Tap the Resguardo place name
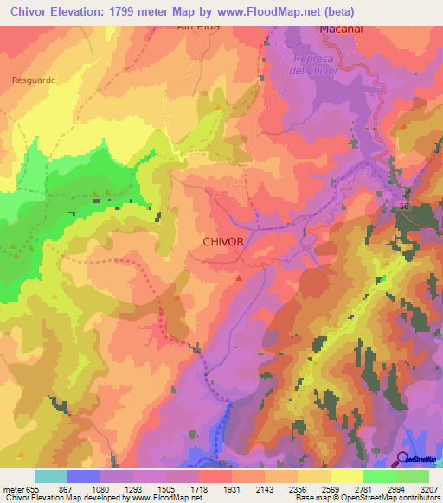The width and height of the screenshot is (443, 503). [x=35, y=80]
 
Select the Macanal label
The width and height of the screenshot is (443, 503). [x=340, y=28]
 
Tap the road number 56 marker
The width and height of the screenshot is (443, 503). [x=403, y=205]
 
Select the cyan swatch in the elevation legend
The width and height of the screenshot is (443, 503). [x=51, y=476]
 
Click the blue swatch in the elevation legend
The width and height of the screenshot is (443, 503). [x=84, y=476]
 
